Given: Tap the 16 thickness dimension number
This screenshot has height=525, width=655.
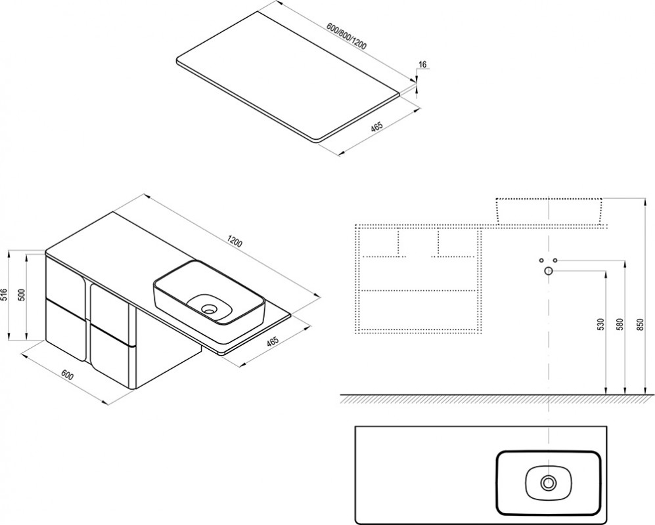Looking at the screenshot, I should (x=422, y=64).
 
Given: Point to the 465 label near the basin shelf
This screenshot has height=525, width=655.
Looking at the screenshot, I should (x=273, y=342).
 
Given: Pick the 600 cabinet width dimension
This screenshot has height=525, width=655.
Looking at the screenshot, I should (x=67, y=376).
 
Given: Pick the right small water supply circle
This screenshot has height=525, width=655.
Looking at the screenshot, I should (x=556, y=260).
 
